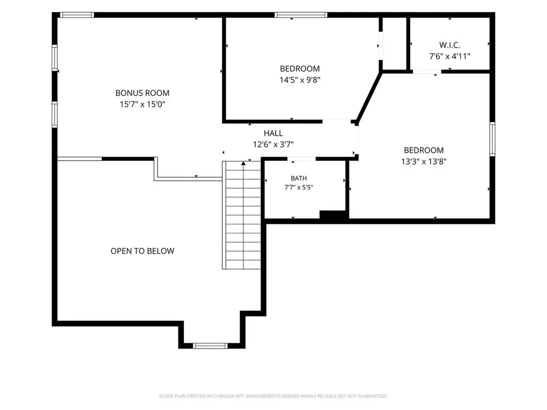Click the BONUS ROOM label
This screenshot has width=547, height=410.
point(142,93)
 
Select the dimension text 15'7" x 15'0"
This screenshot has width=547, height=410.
point(142,104)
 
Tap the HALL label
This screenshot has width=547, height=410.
point(273,133)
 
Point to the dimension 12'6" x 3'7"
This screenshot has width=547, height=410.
point(273,144)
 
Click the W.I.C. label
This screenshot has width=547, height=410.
point(450,45)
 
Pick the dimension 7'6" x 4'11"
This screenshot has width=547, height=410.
point(450,56)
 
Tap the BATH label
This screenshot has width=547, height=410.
point(299,178)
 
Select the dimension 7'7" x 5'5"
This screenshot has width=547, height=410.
point(299,187)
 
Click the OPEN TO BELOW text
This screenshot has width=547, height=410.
point(142,251)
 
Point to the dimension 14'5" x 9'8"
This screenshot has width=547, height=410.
point(300,80)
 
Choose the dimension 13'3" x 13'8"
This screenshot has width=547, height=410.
point(424,161)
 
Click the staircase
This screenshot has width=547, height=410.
point(242,215)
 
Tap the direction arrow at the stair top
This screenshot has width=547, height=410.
point(243,163)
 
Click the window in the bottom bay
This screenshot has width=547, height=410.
point(210,346)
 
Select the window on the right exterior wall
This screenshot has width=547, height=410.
point(492,139)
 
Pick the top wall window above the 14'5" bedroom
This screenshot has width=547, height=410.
point(301,14)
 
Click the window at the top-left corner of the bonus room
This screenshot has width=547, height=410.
point(77,14)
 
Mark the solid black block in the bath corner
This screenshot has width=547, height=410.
point(333,215)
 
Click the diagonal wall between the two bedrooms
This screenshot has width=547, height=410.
point(369,96)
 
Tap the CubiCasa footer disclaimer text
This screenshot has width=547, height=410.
point(273,396)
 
